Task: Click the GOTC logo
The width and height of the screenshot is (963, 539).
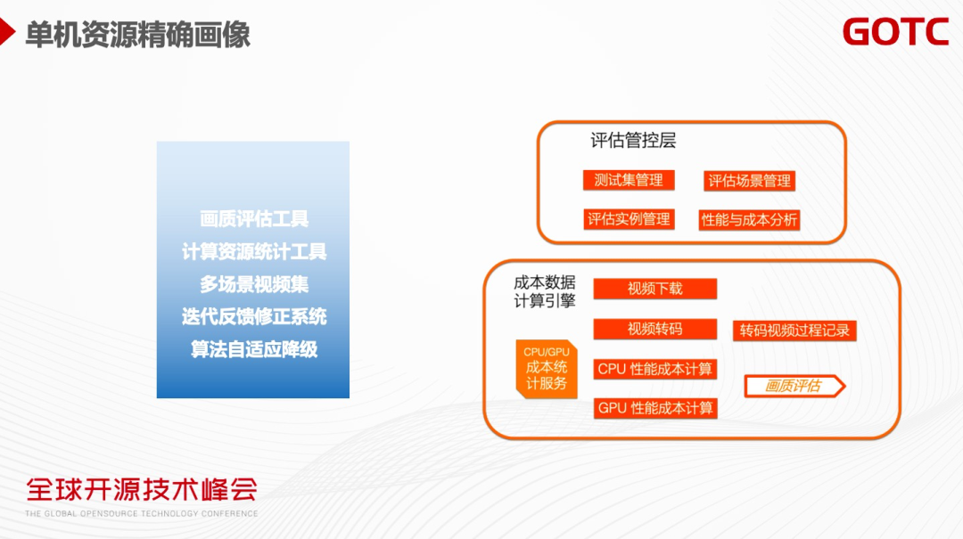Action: (x=895, y=32)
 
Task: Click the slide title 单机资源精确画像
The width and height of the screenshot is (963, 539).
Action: (x=137, y=34)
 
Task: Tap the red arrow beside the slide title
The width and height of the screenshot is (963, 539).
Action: (x=7, y=34)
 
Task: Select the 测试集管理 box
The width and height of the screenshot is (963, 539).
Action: (x=629, y=180)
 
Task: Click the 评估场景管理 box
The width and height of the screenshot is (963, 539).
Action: (x=749, y=181)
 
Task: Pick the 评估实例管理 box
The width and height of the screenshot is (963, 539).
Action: (x=629, y=218)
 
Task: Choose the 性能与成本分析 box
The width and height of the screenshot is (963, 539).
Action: (x=749, y=219)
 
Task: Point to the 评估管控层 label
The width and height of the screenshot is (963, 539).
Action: (x=633, y=141)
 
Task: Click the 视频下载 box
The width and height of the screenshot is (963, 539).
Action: (x=654, y=289)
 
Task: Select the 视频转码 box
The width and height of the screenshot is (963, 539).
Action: (x=654, y=329)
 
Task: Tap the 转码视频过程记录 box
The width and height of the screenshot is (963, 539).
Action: (x=794, y=331)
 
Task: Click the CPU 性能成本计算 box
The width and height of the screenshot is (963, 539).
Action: (x=655, y=369)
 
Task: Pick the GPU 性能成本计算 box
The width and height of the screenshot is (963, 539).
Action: (x=655, y=408)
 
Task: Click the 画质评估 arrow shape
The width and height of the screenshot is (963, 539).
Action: (x=794, y=386)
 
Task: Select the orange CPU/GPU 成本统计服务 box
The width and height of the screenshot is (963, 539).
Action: (x=546, y=368)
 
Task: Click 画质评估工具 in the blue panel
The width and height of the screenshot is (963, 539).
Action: (x=254, y=219)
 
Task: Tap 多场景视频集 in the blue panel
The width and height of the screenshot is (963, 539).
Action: (x=254, y=284)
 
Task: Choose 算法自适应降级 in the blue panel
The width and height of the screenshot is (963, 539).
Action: (x=254, y=349)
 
